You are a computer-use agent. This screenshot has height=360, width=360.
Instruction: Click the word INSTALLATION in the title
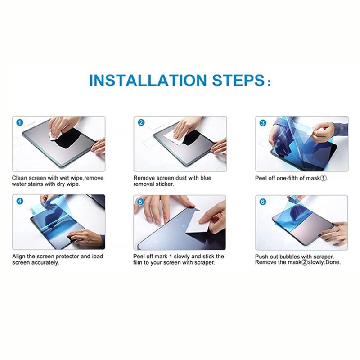148,80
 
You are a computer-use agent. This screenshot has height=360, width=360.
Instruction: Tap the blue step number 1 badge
20,122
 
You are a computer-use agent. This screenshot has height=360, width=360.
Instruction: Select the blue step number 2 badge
141,122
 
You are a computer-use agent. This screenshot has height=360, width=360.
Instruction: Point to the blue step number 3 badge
263,123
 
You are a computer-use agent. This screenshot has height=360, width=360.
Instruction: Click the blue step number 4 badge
20,201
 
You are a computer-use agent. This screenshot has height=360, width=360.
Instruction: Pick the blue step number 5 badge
141,202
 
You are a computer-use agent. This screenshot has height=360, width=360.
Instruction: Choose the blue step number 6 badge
263,202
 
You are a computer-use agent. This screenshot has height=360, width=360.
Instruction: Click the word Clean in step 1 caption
19,178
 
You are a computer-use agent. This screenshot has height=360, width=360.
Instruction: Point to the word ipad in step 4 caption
97,256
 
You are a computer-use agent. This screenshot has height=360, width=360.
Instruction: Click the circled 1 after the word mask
323,178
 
